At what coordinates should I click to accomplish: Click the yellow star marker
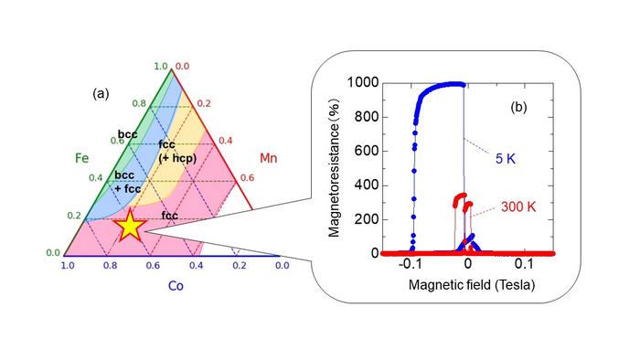tap(130, 225)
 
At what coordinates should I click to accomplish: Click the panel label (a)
tap(101, 92)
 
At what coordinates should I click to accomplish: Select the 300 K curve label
tap(519, 206)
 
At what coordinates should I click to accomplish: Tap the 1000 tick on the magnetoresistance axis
tap(362, 83)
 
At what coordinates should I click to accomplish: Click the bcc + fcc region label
tap(127, 181)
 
